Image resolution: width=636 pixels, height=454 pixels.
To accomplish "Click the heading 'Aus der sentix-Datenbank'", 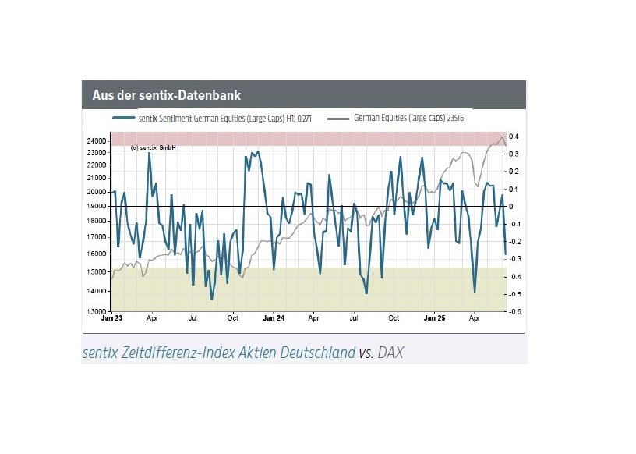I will click(166, 95).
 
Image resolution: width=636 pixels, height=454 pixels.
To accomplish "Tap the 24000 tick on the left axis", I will click(97, 141).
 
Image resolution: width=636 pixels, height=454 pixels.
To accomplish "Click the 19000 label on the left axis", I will click(97, 207).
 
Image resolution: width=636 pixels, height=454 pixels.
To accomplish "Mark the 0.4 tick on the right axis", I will click(515, 137).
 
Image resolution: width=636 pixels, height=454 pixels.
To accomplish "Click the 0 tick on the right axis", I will click(513, 207).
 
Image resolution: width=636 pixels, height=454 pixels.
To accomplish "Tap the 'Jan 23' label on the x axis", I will click(112, 318).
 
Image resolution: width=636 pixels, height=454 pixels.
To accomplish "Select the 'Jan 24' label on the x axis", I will click(273, 318).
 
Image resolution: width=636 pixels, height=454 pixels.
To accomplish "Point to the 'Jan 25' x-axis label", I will click(434, 318).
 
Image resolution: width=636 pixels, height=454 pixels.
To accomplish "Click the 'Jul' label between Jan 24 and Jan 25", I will click(353, 318).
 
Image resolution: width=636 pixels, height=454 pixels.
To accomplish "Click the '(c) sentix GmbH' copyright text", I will click(154, 148).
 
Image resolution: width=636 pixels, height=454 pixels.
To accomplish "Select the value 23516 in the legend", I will click(454, 119).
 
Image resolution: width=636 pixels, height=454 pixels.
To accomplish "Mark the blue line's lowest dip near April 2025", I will click(475, 293).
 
